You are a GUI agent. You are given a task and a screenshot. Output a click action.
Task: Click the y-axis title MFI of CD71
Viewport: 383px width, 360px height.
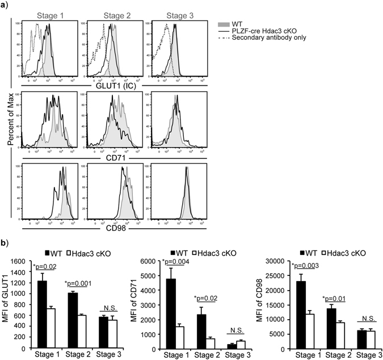(x=134, y=301)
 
